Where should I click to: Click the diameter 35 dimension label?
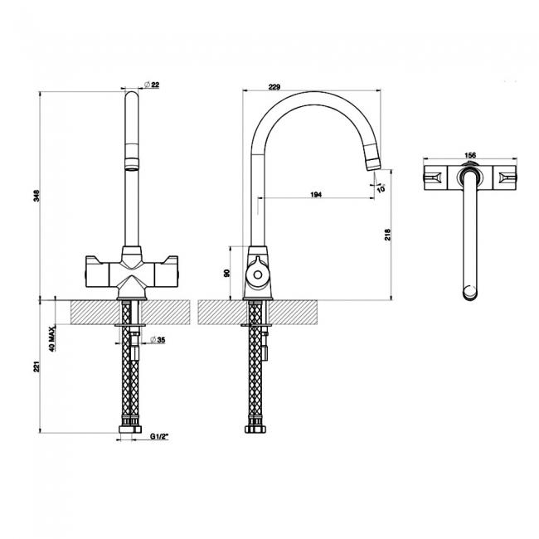159,340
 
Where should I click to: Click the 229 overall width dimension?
276,85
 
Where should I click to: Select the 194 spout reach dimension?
315,194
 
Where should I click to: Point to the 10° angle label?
381,188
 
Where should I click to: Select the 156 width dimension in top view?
469,155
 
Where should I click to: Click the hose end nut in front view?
128,430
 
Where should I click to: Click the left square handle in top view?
434,177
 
